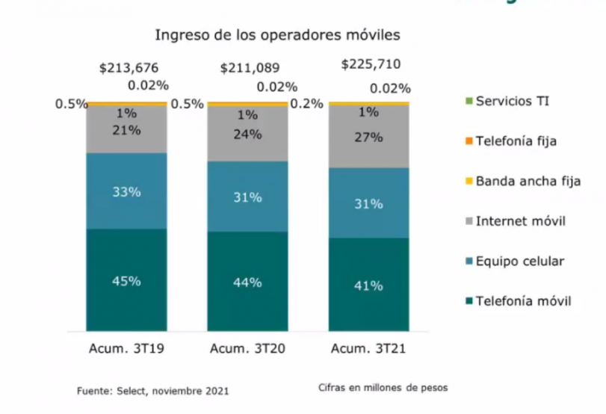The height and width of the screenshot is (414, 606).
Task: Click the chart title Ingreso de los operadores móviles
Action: (277, 35)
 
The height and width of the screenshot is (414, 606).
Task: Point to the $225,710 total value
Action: (371, 64)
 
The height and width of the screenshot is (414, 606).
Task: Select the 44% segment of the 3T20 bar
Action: (247, 282)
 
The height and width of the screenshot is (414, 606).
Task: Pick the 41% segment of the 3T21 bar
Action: (369, 285)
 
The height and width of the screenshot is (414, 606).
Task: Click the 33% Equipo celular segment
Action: (127, 191)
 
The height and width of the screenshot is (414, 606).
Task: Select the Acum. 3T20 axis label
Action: (247, 349)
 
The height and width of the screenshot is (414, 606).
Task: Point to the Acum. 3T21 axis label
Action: (369, 349)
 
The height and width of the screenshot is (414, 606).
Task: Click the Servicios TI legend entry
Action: (513, 100)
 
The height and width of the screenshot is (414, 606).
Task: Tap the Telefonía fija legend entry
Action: (516, 140)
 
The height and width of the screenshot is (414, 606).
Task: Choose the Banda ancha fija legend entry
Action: (528, 181)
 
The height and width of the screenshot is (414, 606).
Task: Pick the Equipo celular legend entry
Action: (520, 261)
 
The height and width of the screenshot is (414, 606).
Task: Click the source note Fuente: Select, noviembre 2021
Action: (152, 391)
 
